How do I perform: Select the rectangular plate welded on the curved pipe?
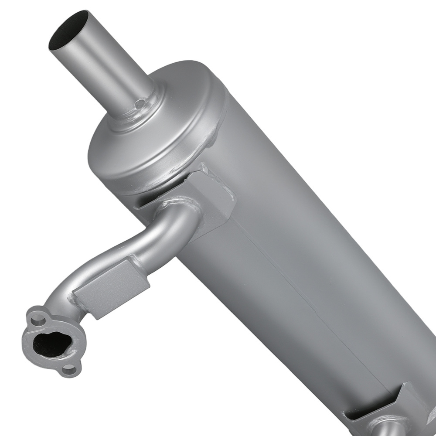(113, 286)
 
